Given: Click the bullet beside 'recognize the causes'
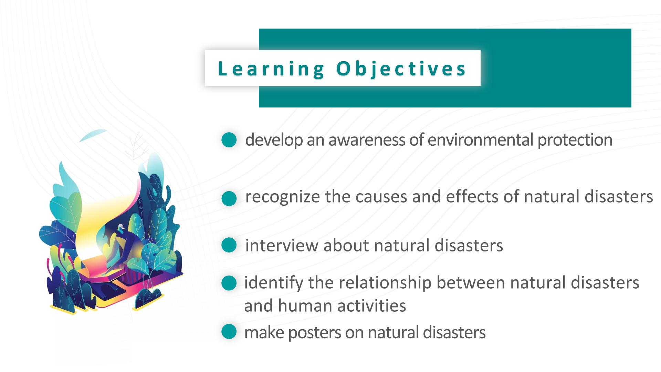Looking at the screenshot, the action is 229,198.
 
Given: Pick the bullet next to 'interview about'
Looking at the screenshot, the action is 229,245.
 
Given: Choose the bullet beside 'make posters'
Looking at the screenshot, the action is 229,331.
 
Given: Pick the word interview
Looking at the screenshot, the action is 281,246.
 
